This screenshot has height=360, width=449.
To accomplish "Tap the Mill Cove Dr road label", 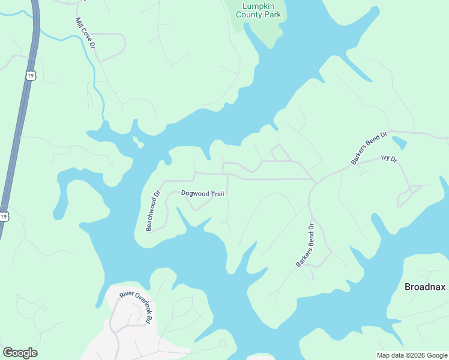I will [85, 33].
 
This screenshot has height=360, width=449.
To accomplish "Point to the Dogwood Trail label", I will [202, 193].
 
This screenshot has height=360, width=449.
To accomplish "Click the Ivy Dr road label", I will [389, 159].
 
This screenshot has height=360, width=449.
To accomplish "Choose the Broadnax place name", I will [424, 287].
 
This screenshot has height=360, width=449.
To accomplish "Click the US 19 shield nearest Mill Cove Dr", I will [31, 75].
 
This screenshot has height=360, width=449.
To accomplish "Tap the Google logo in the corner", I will [20, 353].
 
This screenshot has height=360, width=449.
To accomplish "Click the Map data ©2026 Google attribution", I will [412, 355].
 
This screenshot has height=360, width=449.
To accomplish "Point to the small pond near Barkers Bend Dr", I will [399, 143].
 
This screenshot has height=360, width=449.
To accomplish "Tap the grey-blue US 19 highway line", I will [21, 120].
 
